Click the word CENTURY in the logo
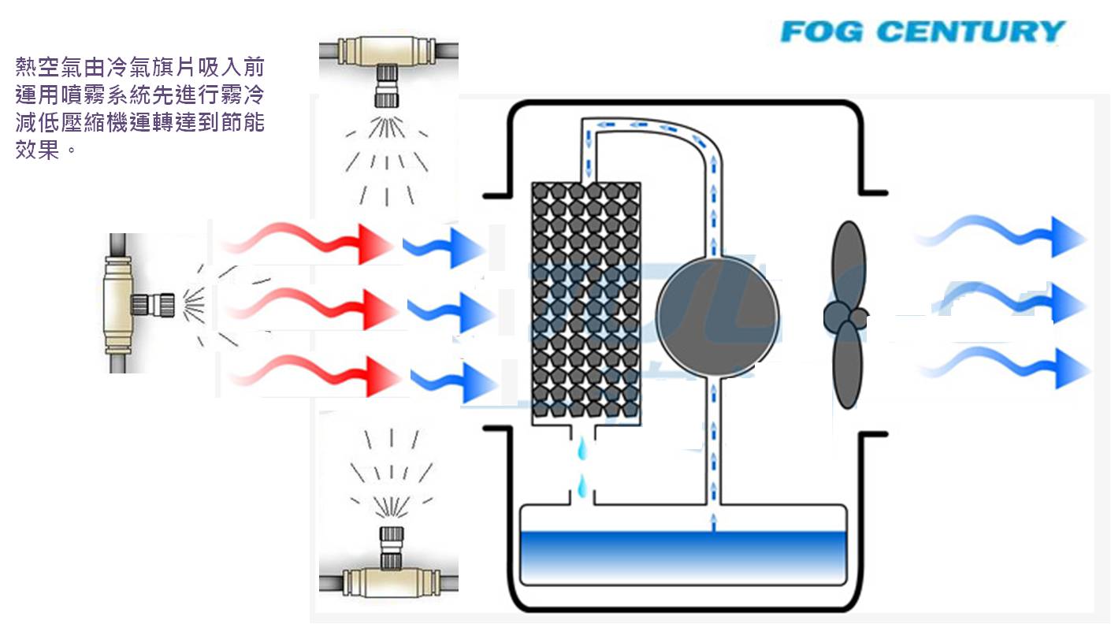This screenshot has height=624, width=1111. (x=971, y=32)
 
